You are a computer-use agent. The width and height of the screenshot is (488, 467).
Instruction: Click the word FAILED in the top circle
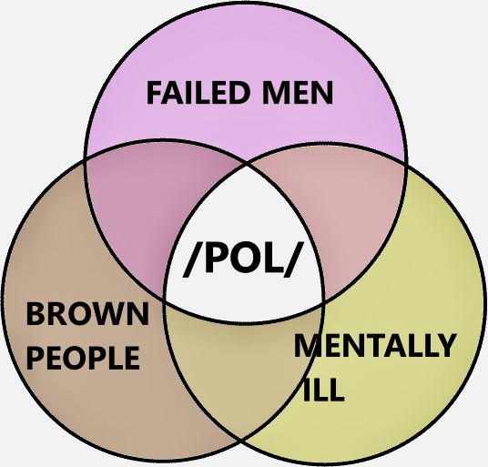click(198, 93)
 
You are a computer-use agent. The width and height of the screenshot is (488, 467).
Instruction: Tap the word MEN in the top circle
click(298, 93)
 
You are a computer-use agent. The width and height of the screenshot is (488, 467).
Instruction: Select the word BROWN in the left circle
click(87, 314)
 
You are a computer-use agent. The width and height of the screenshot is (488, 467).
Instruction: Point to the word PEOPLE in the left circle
click(83, 358)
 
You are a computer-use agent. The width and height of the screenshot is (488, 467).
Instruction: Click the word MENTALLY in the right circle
click(375, 345)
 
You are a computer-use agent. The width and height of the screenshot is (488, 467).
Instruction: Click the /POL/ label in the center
click(243, 259)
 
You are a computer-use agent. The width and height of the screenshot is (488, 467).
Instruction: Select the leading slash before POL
click(192, 259)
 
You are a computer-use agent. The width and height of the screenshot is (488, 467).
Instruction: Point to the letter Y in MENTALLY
click(446, 345)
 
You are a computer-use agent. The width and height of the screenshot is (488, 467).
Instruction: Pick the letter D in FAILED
click(239, 93)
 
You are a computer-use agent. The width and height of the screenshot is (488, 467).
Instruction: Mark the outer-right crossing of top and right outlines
click(406, 164)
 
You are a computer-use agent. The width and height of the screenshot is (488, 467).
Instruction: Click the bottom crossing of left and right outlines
click(241, 441)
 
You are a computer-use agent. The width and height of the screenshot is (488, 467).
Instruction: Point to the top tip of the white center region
click(248, 162)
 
